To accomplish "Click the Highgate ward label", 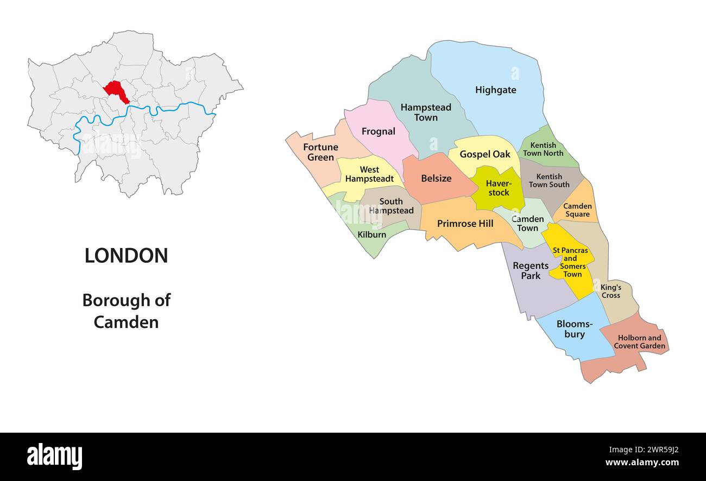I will tap(495, 90).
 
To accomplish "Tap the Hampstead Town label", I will tap(426, 112).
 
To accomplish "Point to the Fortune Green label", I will tap(320, 152).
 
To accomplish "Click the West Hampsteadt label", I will tap(369, 174).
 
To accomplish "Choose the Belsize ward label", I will tap(436, 179).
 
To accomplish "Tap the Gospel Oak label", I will tap(484, 154).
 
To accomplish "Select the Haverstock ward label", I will tap(498, 188).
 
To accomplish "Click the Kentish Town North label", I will tap(543, 149).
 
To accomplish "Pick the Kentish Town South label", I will tap(549, 181).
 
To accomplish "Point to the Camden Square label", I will tap(577, 210).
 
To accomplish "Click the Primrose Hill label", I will tap(465, 224).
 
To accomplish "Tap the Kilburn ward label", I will tap(372, 235).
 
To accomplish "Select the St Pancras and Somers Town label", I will tap(570, 262).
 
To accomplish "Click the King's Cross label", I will tap(610, 291).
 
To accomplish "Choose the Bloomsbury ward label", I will tap(574, 329).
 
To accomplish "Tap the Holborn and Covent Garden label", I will tap(639, 342).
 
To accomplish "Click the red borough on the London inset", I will tap(116, 91).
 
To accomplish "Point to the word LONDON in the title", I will tap(126, 256).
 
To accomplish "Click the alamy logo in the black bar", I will tap(54, 456).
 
